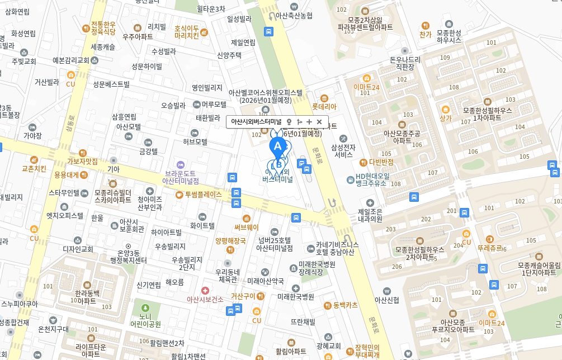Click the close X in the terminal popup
click(319, 121)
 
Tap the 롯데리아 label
click(324, 106)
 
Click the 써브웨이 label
click(246, 227)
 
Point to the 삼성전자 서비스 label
click(345, 151)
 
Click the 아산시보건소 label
click(205, 299)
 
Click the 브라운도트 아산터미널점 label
click(180, 177)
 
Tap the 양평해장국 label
click(230, 241)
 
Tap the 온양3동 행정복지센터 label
click(128, 257)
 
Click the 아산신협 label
click(386, 300)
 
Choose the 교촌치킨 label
click(34, 168)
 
